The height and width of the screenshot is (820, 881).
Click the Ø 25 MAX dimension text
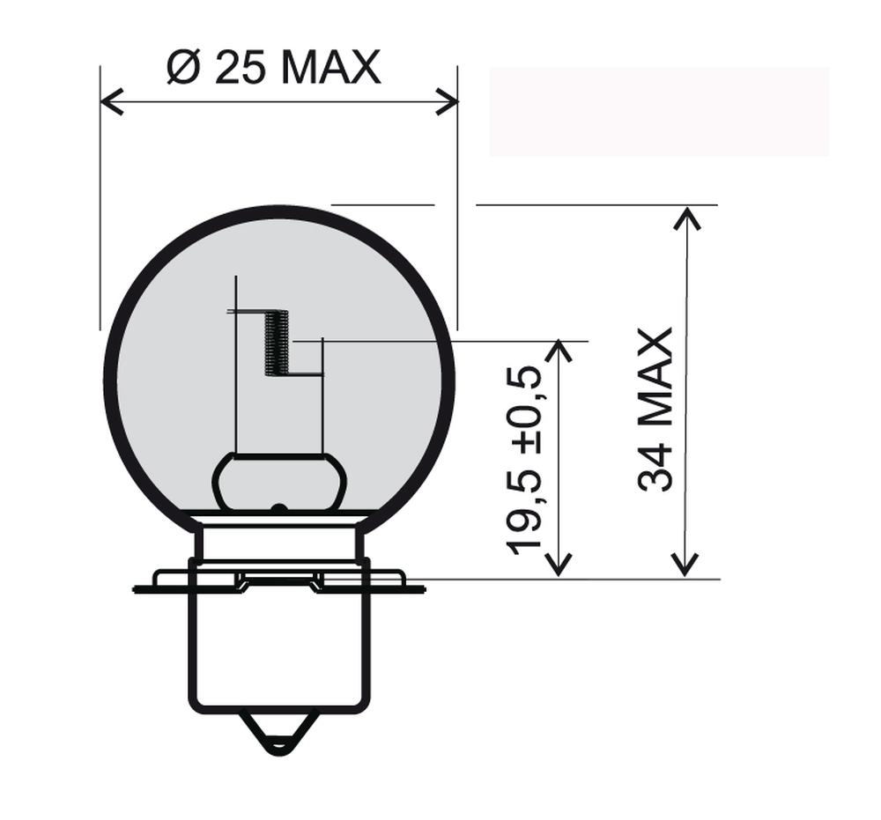pyautogui.click(x=273, y=68)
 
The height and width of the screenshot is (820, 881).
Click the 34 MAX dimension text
pyautogui.click(x=656, y=409)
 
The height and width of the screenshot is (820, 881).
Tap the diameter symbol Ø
pyautogui.click(x=182, y=68)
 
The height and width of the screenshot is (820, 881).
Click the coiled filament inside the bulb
pyautogui.click(x=277, y=343)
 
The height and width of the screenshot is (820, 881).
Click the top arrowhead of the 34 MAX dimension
pyautogui.click(x=686, y=217)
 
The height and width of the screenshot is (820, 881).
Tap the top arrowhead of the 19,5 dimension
pyautogui.click(x=559, y=351)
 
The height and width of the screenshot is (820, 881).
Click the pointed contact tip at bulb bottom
pyautogui.click(x=279, y=736)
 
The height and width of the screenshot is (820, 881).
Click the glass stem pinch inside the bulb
pyautogui.click(x=279, y=482)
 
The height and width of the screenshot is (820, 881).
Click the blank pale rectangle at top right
pyautogui.click(x=659, y=112)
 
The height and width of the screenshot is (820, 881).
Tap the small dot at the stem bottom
pyautogui.click(x=278, y=508)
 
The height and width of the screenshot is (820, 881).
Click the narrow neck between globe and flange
pyautogui.click(x=279, y=542)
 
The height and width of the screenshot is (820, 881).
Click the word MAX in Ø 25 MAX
pyautogui.click(x=330, y=68)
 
